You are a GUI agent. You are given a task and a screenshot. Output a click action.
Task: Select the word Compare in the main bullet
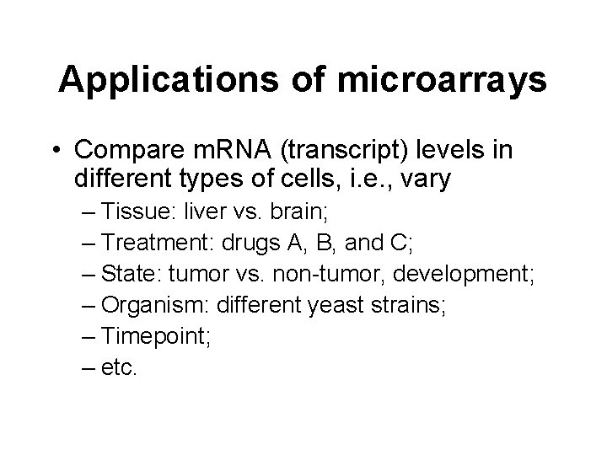pos(126,150)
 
